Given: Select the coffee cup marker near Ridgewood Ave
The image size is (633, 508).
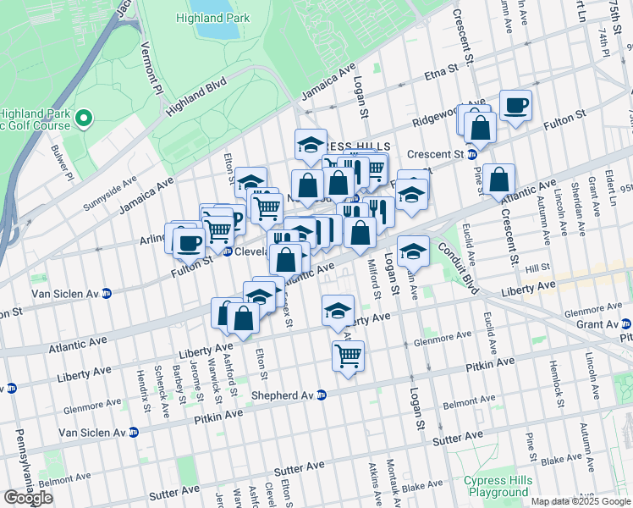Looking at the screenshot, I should (x=515, y=106).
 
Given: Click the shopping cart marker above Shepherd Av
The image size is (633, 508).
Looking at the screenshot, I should (x=348, y=356).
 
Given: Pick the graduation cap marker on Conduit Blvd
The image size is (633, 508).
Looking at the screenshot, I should (x=412, y=251).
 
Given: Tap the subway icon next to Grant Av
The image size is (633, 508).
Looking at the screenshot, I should (x=625, y=323).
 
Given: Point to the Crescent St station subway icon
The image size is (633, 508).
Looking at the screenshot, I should (x=471, y=154).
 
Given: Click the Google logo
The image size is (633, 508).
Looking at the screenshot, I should (x=29, y=497).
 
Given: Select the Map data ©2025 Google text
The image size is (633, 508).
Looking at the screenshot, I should (x=580, y=501).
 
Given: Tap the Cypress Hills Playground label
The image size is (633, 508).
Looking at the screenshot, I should (x=498, y=486).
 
